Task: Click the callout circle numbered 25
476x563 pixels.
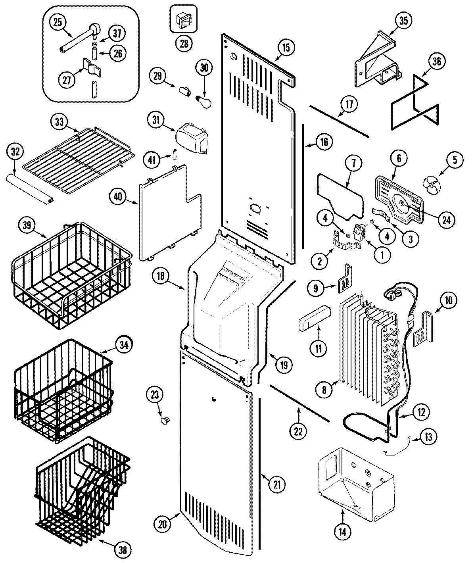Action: click(58, 22)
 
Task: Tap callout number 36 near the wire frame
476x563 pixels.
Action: click(436, 61)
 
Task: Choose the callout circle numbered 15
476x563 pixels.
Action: click(286, 48)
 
